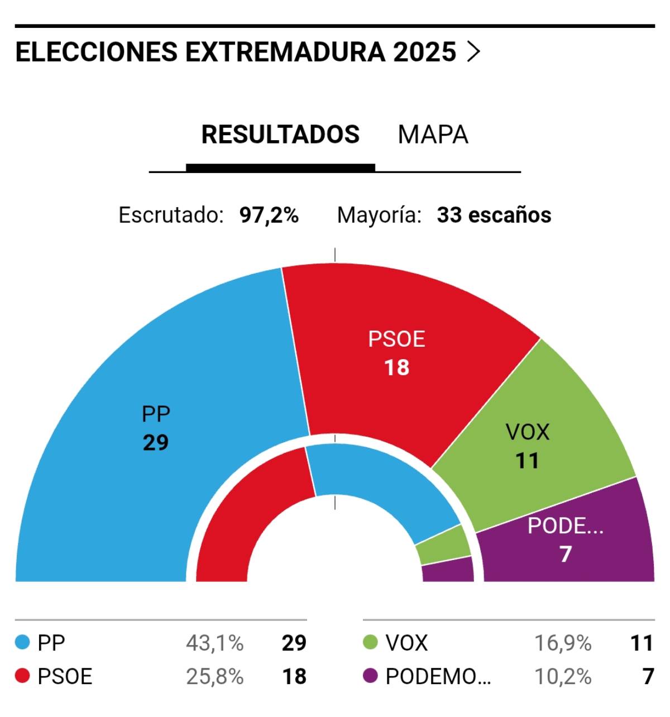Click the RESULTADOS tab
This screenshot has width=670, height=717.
tap(280, 135)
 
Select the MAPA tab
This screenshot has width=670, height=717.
tap(433, 135)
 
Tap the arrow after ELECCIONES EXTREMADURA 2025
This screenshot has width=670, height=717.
tap(473, 52)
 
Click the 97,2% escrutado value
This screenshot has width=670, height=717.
tap(269, 215)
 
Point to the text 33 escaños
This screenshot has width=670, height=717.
tap(494, 215)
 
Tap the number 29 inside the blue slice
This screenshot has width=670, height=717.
tap(155, 443)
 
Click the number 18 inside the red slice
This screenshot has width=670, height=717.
tap(396, 368)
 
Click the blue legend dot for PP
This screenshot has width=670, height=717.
tap(22, 643)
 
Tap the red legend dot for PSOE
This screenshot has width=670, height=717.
tap(22, 676)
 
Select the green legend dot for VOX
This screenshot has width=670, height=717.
tap(370, 643)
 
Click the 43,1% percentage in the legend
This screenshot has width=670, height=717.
tap(214, 643)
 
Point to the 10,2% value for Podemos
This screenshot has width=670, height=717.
tap(562, 677)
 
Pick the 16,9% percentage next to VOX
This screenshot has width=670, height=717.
tap(562, 643)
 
